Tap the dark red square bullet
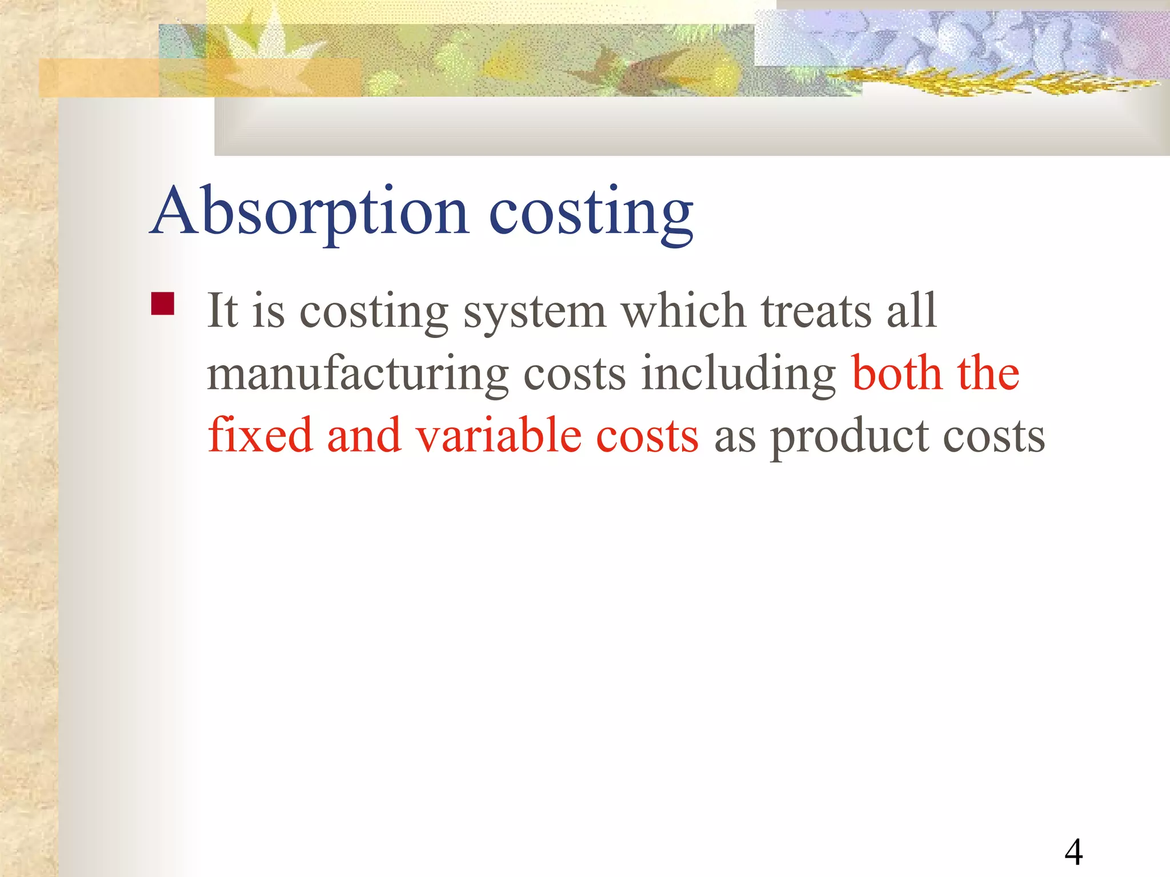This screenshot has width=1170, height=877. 162,304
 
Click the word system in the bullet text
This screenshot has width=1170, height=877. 534,312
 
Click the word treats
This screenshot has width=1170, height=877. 816,311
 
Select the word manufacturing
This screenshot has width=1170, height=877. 358,374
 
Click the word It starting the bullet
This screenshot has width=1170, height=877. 222,311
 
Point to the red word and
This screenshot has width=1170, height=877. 363,435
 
